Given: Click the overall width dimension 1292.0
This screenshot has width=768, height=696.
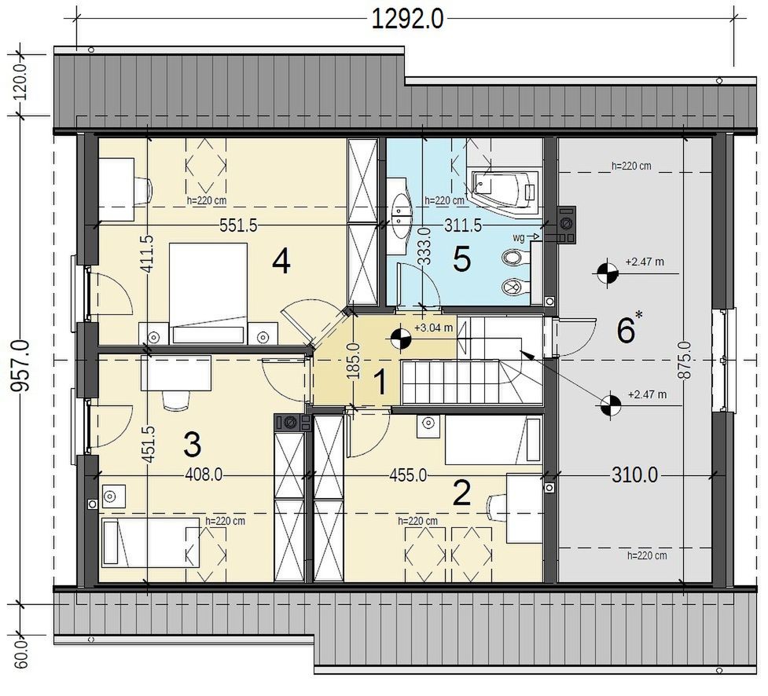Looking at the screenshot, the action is pos(407,20).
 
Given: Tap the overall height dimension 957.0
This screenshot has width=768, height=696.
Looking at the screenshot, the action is pos(21,366).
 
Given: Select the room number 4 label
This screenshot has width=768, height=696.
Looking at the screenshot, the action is pos(281,262).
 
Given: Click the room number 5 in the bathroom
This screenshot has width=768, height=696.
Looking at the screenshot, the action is pos(462,259).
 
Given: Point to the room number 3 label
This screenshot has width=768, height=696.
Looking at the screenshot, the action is pos(192,445).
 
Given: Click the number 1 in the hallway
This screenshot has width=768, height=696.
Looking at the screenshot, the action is pos(380,383).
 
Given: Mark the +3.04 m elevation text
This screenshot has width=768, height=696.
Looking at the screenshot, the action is pos(433,328).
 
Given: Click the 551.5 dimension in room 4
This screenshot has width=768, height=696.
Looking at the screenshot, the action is pos(238,225).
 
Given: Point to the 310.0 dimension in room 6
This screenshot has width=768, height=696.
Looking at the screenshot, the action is pos(634,474).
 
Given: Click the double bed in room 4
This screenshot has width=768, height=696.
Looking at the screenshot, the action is pos(208,293).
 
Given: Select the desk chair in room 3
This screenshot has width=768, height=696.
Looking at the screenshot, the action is pos(176,401).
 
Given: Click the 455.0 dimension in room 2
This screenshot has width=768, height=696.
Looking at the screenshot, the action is pos(407,474).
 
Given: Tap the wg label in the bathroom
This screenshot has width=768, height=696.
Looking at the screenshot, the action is pos(519,238).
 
